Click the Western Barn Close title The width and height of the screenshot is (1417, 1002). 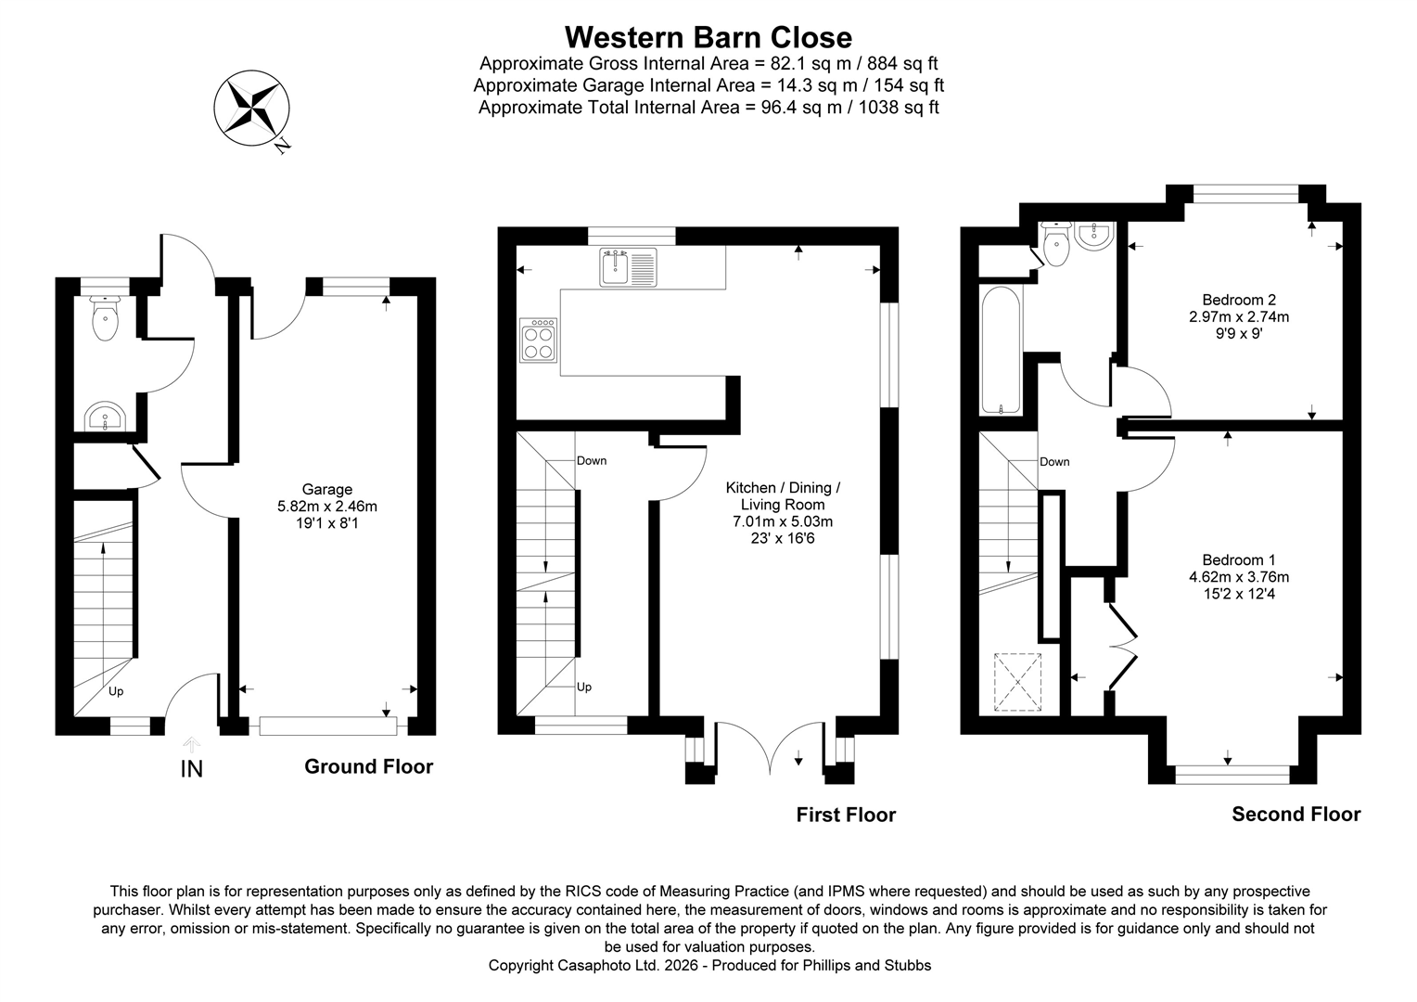tap(708, 37)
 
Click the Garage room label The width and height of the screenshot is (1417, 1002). tap(327, 490)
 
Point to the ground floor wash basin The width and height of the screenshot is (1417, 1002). tap(105, 418)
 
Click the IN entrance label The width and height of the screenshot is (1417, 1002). tap(191, 769)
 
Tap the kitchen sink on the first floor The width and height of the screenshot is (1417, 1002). tap(628, 267)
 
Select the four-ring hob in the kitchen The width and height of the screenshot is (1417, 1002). tap(540, 340)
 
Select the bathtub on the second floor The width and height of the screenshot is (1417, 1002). tap(1001, 351)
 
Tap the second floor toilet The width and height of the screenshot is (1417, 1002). tap(1055, 244)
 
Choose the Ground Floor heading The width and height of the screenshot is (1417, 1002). tap(368, 766)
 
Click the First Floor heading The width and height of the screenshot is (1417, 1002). tap(846, 815)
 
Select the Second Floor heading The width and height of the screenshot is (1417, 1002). tap(1296, 814)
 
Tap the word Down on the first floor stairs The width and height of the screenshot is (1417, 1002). tap(592, 461)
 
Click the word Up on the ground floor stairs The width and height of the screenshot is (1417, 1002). tap(116, 691)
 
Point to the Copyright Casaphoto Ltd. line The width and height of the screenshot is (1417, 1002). tap(709, 966)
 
